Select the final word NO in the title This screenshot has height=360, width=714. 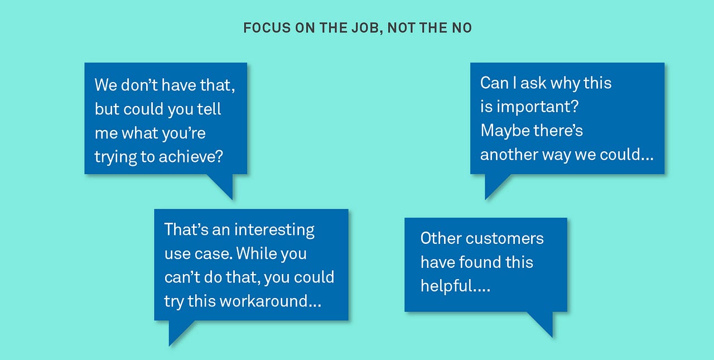[x=463, y=28]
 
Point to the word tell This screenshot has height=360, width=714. [x=209, y=109]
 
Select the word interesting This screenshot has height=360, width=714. [x=274, y=229]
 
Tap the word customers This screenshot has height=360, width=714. [x=504, y=238]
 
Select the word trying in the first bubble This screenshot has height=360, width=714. [x=115, y=157]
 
